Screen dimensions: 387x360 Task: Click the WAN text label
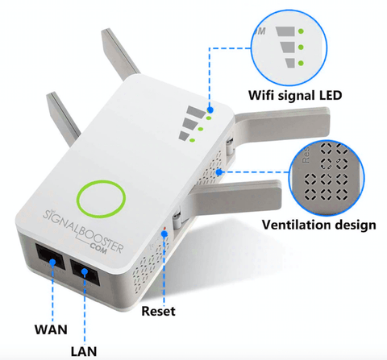(x=51, y=329)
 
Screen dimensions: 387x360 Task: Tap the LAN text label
(x=84, y=351)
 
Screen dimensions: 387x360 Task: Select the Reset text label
(x=158, y=311)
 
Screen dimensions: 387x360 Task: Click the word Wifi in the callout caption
(x=261, y=95)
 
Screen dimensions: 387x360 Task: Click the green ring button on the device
(x=101, y=199)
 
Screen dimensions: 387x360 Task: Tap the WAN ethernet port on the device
(x=51, y=258)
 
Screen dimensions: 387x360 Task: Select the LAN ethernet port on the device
(x=85, y=272)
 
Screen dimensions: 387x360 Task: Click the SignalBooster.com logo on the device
(x=83, y=232)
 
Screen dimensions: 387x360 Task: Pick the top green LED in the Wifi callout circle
(x=301, y=31)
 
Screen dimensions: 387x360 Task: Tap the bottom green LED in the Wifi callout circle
(x=301, y=64)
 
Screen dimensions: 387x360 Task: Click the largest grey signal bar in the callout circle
(x=285, y=31)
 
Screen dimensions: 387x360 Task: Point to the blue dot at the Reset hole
(x=164, y=234)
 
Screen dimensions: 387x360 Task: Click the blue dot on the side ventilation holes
(x=219, y=172)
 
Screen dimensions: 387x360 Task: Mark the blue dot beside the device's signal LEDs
(x=210, y=110)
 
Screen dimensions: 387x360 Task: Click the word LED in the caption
(x=331, y=95)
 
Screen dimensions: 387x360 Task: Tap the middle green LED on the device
(x=201, y=129)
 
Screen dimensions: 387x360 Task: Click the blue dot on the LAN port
(x=85, y=272)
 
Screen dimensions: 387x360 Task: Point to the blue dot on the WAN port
(x=52, y=262)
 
